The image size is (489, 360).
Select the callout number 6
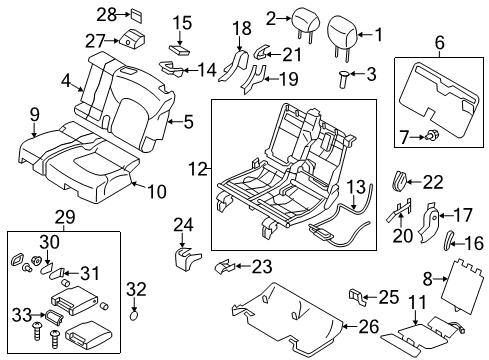(438, 43)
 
